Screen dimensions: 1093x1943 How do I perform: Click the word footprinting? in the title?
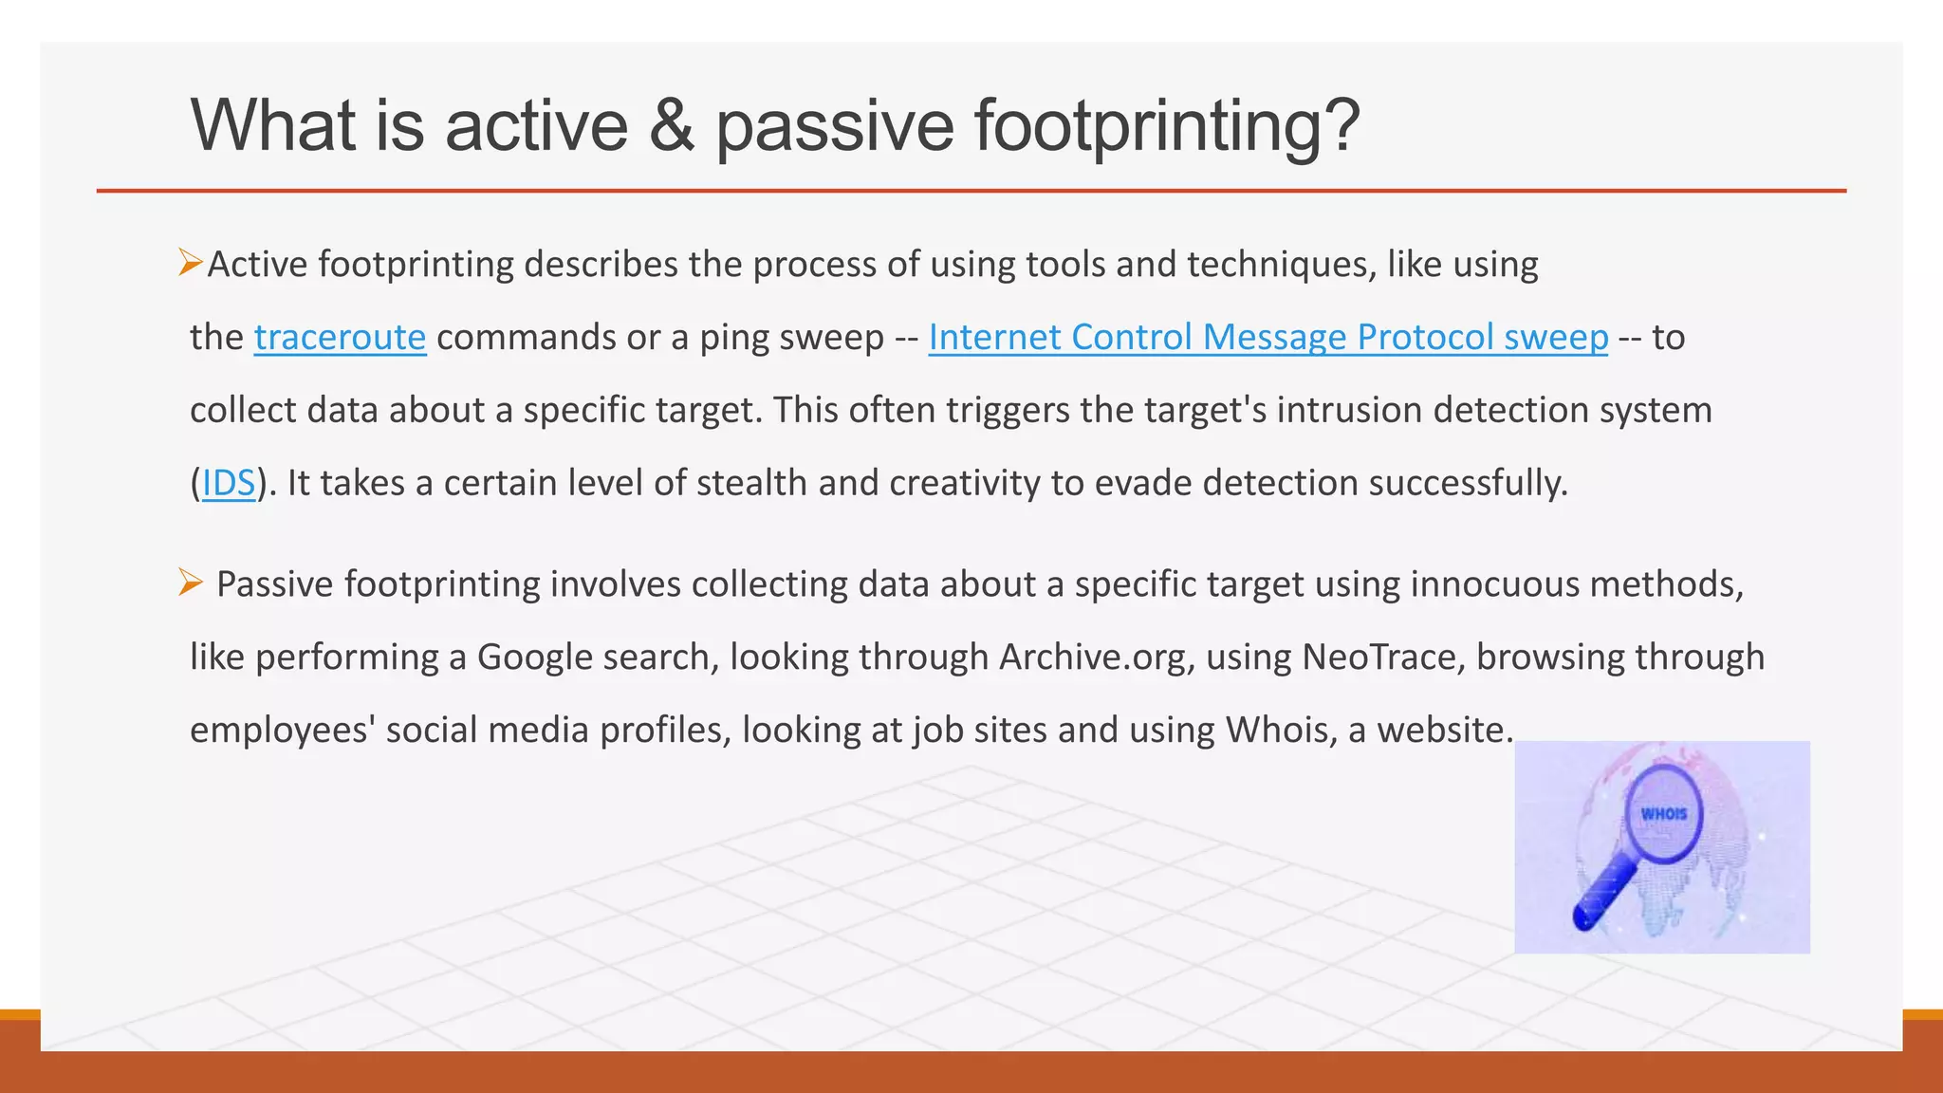(x=1167, y=126)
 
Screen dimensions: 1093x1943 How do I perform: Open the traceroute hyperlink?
(x=340, y=338)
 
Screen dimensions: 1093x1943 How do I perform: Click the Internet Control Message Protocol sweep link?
(x=1268, y=338)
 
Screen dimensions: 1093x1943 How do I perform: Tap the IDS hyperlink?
(x=229, y=484)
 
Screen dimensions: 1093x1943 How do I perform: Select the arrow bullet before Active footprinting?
(x=190, y=262)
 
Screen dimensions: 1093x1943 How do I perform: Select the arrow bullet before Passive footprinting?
(x=190, y=582)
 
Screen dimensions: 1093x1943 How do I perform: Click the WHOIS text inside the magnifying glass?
(x=1664, y=814)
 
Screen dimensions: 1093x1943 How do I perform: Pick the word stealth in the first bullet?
(x=752, y=484)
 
